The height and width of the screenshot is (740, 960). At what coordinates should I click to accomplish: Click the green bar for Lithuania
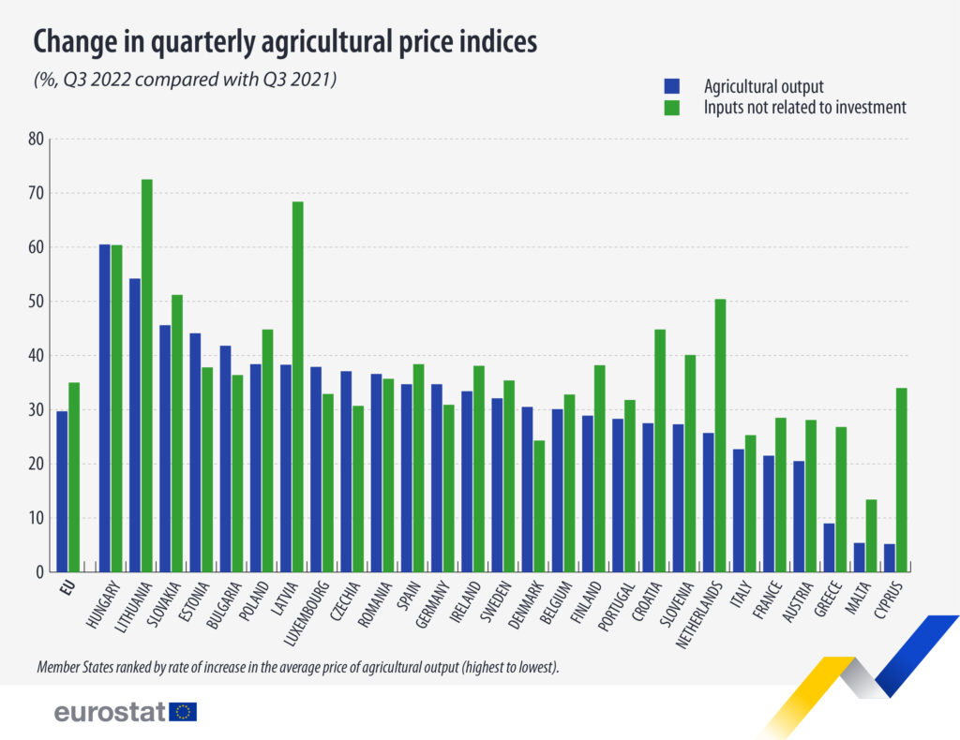[x=146, y=375]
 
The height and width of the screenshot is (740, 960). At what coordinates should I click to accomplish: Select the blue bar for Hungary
[x=105, y=407]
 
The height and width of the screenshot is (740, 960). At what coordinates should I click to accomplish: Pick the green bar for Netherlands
[x=720, y=436]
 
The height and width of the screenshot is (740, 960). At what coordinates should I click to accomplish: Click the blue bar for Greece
[x=829, y=547]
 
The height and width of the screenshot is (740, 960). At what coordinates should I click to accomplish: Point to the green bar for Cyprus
[x=900, y=480]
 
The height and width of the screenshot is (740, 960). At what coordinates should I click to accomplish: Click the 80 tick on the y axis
[x=37, y=139]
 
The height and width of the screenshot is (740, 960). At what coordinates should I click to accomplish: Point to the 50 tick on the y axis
[x=37, y=302]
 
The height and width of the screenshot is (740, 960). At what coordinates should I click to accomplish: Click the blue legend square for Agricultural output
[x=670, y=87]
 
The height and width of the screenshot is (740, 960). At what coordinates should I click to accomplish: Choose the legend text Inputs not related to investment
[x=804, y=108]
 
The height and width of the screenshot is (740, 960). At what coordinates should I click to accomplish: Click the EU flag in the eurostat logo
[x=184, y=712]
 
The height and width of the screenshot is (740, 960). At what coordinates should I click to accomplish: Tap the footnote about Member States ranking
[x=297, y=668]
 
